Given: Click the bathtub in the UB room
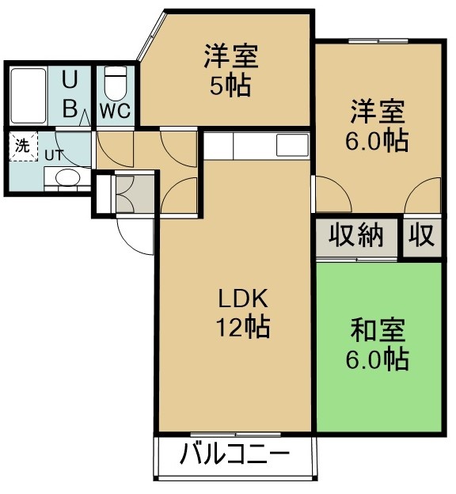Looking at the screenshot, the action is click(x=28, y=96).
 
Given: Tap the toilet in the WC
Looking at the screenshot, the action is click(x=115, y=84).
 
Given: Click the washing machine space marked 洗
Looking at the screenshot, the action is click(x=23, y=146).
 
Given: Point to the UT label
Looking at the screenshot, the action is click(x=54, y=155).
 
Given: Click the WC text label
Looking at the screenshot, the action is click(x=115, y=111).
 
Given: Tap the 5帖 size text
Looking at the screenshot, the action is click(x=230, y=85).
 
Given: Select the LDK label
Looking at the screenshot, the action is click(x=243, y=298).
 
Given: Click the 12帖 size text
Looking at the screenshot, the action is click(x=243, y=327).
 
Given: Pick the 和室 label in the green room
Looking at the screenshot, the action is click(x=378, y=330).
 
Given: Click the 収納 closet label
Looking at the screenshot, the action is click(x=356, y=235).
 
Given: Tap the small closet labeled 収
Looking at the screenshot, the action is click(x=422, y=235).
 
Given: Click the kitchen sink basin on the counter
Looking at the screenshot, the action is click(x=292, y=145).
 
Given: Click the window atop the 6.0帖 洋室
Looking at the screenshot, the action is click(x=378, y=41).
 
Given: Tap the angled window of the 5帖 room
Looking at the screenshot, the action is click(x=151, y=36).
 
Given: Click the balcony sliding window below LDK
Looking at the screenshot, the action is click(x=235, y=435).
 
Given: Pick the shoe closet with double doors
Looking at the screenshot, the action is click(x=135, y=194).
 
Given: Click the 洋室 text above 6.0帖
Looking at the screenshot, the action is click(x=378, y=112).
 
